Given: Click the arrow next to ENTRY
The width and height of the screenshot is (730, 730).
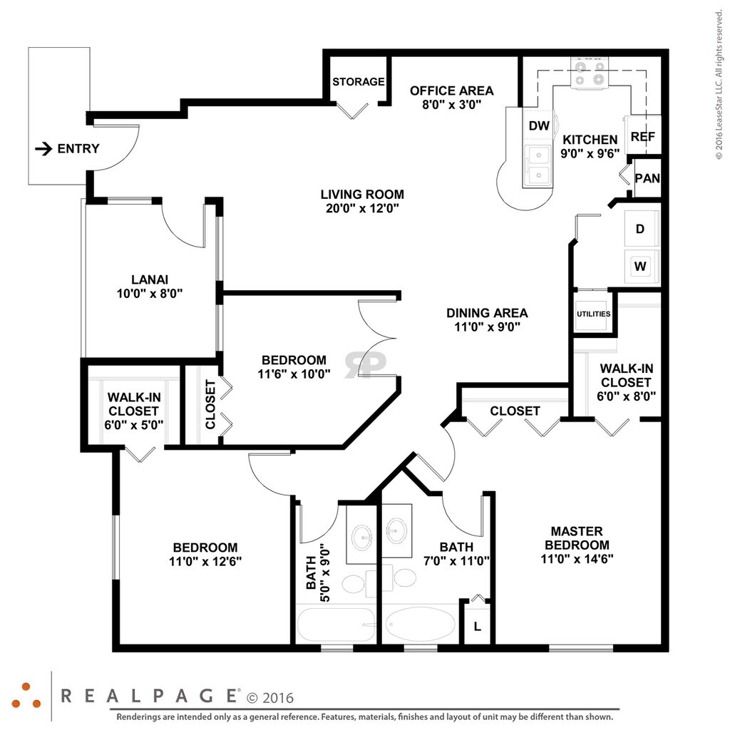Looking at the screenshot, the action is click(x=43, y=148).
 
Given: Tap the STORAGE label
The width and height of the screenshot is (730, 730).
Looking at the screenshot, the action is click(x=359, y=82).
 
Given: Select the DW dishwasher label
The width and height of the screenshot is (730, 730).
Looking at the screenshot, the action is click(x=539, y=125).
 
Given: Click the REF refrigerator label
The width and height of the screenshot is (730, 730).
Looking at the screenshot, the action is click(x=643, y=137).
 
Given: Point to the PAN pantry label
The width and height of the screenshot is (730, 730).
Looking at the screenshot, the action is click(x=647, y=178).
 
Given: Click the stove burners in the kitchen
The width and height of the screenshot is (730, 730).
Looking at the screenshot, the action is click(x=590, y=73).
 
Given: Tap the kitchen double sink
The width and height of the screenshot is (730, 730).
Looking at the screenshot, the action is click(x=538, y=165).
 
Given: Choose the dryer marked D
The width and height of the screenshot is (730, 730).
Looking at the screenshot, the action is click(x=642, y=229).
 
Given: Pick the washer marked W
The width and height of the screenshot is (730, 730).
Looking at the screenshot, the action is click(x=642, y=267).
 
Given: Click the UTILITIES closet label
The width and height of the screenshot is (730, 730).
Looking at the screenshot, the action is click(x=594, y=314).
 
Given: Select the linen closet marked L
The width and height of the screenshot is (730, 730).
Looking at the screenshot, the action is click(x=478, y=627).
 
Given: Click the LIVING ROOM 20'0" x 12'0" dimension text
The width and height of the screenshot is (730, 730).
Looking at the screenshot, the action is click(x=362, y=208).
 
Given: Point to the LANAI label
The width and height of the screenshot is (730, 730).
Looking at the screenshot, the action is click(x=150, y=279).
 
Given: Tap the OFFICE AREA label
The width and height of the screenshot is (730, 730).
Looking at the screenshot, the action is click(x=451, y=91).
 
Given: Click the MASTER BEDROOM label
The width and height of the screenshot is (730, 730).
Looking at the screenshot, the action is click(x=577, y=538).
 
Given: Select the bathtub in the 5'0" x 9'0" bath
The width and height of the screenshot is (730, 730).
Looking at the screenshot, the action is click(x=336, y=624).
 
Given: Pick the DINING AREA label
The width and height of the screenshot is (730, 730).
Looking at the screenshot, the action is click(x=487, y=314).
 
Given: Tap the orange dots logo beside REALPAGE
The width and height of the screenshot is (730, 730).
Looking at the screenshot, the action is click(x=26, y=696).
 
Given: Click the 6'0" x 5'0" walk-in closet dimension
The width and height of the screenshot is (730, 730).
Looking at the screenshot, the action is click(x=133, y=425).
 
